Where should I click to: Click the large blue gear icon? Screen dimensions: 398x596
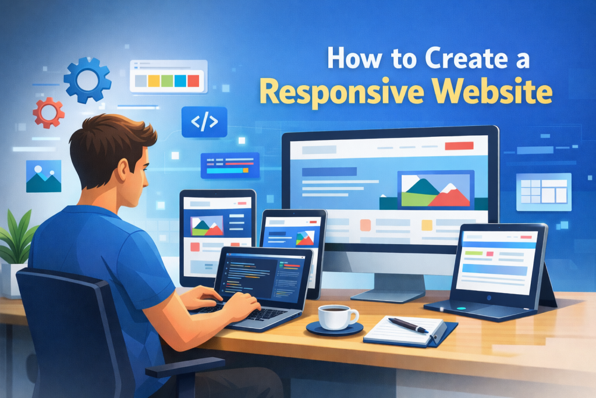pyautogui.click(x=87, y=80)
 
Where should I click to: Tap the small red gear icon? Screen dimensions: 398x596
pyautogui.click(x=48, y=112)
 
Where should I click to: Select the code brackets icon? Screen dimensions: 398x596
pyautogui.click(x=204, y=122)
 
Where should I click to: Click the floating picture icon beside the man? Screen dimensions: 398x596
pyautogui.click(x=44, y=176)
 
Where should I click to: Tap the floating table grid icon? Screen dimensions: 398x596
pyautogui.click(x=544, y=192)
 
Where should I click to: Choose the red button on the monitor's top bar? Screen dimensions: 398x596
pyautogui.click(x=454, y=146)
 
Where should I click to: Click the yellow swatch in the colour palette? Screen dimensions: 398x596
pyautogui.click(x=153, y=80)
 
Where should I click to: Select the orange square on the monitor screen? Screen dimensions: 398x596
pyautogui.click(x=366, y=225)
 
